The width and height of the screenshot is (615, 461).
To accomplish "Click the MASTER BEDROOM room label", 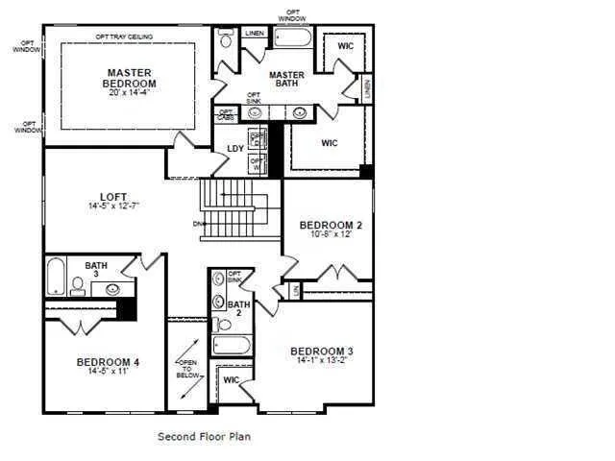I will pos(131,78).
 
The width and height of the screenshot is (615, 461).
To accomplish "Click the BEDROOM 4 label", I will pos(109,362).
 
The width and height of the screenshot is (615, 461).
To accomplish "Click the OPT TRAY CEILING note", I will pos(124,36).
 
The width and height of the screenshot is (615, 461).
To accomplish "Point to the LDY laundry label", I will pos(234,148).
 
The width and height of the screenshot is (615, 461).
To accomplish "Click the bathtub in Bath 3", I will pos(57,277).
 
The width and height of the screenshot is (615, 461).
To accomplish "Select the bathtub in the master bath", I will pos(292,38).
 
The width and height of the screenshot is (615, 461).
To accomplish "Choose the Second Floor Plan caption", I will pos(204,436).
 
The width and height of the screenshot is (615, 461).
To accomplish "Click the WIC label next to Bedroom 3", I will pos(231,379).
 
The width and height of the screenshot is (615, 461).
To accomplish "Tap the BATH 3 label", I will pos(96,270).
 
